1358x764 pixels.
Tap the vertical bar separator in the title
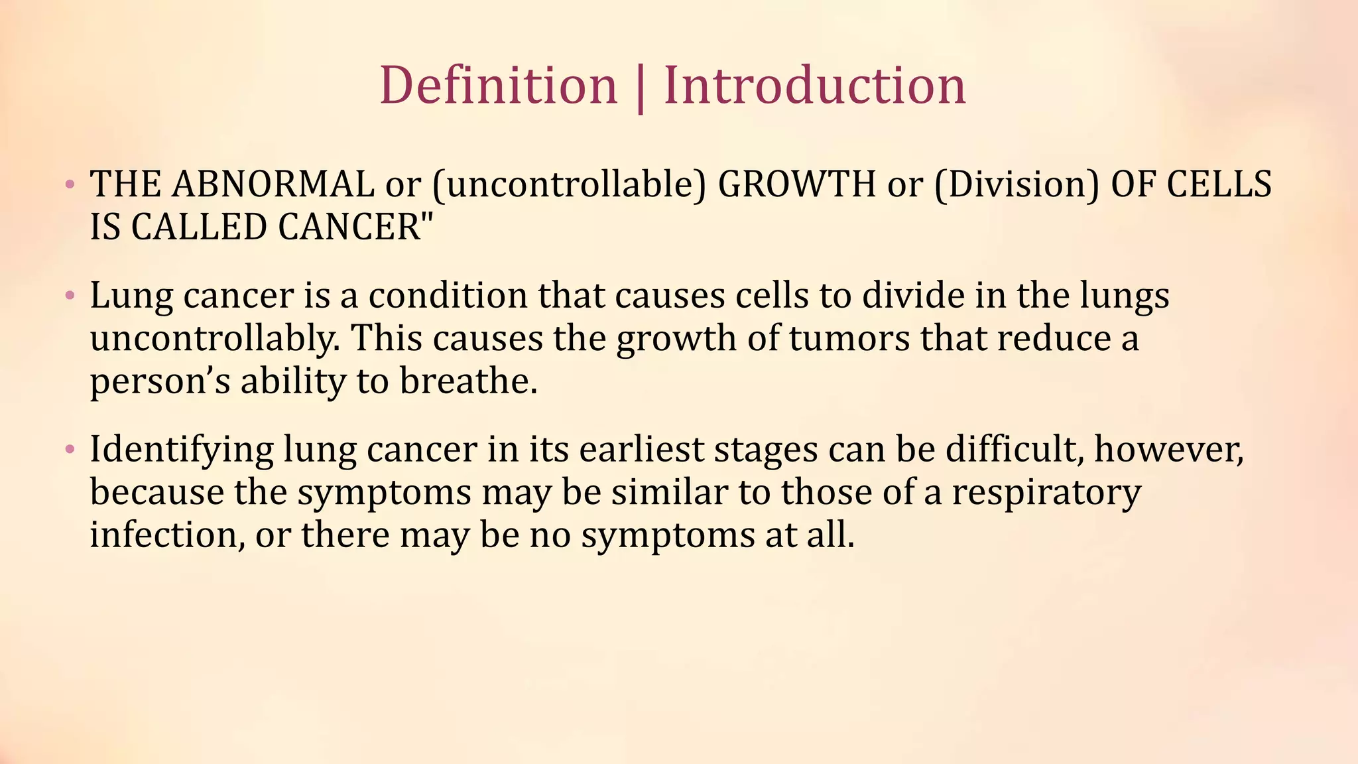pyautogui.click(x=640, y=88)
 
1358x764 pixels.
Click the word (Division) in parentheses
pyautogui.click(x=1017, y=185)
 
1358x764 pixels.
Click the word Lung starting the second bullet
pyautogui.click(x=131, y=296)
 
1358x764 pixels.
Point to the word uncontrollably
pyautogui.click(x=215, y=338)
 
